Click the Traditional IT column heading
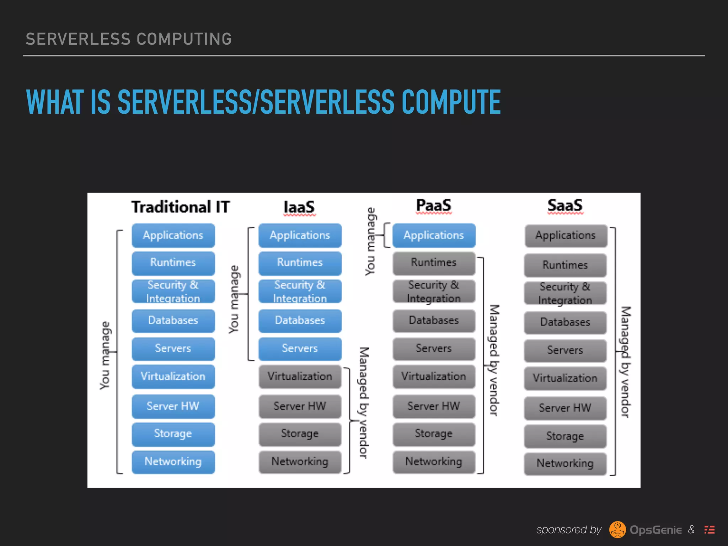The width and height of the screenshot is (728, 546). tap(181, 207)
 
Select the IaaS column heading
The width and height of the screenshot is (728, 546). tap(299, 207)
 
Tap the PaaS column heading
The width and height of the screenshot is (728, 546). tap(434, 205)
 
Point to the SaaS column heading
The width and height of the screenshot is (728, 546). tap(565, 205)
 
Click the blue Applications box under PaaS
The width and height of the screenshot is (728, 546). tap(434, 235)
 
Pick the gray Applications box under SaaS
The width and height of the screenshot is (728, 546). tap(566, 236)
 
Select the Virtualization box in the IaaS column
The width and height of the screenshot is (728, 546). tap(300, 376)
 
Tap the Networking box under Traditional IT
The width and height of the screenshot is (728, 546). tap(173, 462)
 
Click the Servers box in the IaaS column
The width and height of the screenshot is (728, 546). tap(300, 348)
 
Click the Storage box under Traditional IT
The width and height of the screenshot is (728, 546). tap(173, 434)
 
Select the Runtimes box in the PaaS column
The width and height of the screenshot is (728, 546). tap(434, 263)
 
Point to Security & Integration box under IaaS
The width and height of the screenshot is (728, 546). tap(300, 291)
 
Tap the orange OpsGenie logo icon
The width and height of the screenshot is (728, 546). tap(617, 530)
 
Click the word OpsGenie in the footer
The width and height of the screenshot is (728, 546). tap(656, 530)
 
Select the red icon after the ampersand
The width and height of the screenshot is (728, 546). tap(710, 530)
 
